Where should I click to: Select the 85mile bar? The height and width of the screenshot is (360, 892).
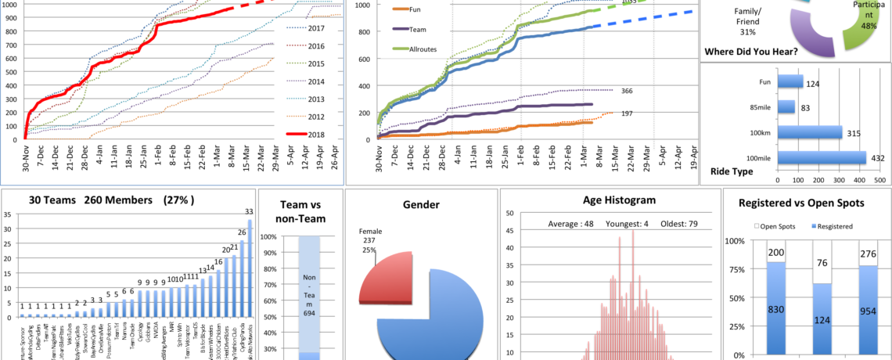click(x=787, y=106)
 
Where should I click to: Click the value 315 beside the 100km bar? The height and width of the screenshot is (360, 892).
click(x=854, y=132)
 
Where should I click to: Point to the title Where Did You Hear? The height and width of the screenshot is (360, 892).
click(x=752, y=52)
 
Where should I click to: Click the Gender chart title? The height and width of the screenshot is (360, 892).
click(x=421, y=205)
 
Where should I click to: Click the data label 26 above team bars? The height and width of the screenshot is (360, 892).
click(x=243, y=232)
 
